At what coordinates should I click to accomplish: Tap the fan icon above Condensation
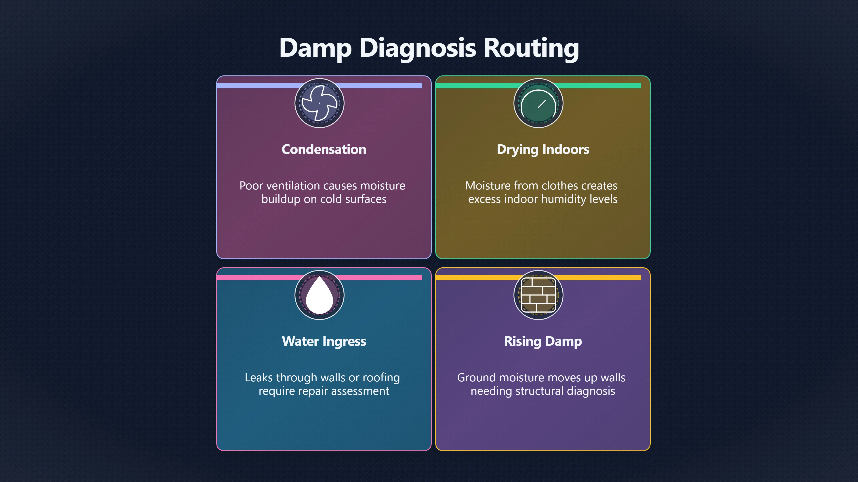point(320,103)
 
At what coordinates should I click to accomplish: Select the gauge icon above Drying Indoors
point(538,103)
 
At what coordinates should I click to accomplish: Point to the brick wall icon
point(538,295)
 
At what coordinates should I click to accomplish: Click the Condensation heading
point(324,149)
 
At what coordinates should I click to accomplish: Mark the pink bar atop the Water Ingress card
point(320,277)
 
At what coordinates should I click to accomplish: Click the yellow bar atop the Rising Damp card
point(538,277)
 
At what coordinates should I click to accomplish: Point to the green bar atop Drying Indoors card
point(538,85)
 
